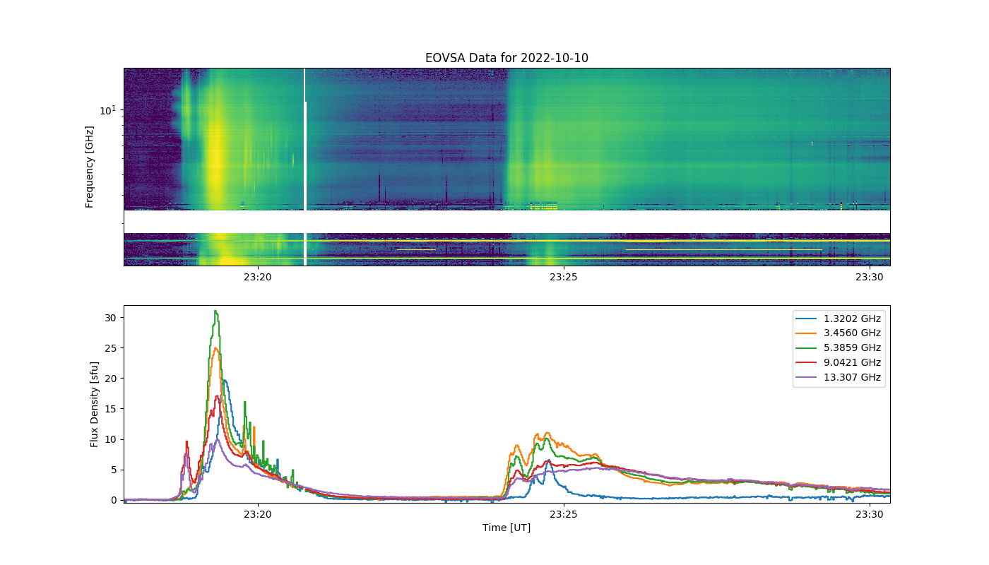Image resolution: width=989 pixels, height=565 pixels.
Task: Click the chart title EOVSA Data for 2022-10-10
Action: pos(507,58)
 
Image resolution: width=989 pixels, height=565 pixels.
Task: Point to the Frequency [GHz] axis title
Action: pos(90,167)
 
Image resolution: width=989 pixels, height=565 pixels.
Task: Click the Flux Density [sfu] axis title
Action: pos(94,404)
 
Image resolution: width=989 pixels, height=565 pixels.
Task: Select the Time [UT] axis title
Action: pos(507,528)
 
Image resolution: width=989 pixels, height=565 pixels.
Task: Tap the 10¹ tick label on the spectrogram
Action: pos(107,110)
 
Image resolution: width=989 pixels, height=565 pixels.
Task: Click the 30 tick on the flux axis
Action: pos(110,318)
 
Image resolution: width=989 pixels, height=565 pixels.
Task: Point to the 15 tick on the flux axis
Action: pos(110,409)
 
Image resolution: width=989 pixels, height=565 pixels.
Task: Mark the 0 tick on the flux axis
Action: pos(114,500)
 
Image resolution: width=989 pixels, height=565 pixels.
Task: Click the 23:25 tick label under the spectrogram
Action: pos(564,277)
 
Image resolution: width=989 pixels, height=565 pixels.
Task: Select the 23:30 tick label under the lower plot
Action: pos(870,514)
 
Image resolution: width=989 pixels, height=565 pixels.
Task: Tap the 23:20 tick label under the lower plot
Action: pos(257,514)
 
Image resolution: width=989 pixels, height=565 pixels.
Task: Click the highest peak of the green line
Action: pos(215,311)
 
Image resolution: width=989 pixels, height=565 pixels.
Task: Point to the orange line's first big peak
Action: pos(215,348)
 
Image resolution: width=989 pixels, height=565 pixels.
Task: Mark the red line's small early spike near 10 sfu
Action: pos(186,441)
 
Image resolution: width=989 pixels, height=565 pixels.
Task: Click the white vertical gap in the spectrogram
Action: pos(305,167)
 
